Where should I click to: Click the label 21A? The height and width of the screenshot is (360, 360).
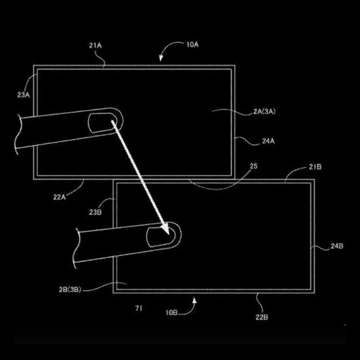pos(96,45)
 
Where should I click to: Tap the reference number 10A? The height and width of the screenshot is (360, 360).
pos(192,45)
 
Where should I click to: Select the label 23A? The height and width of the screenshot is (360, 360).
pos(24,95)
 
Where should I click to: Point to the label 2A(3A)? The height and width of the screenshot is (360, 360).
pos(264,111)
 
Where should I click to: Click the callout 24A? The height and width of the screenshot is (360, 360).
pos(268,141)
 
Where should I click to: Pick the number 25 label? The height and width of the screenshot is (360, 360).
pos(253,166)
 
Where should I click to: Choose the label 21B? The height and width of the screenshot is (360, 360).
pos(315,167)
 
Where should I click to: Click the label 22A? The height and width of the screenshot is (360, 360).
pos(60,197)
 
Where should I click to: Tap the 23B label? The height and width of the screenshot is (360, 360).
pos(96,212)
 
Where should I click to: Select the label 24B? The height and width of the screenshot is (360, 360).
pos(337,246)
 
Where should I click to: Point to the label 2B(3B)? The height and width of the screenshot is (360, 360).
pos(70,289)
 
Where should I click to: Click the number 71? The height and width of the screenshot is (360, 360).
pos(139,308)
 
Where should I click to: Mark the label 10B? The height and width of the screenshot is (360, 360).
pos(171,312)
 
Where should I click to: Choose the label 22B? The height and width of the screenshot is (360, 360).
pos(262,317)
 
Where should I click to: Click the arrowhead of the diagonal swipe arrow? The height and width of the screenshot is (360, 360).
pos(166,229)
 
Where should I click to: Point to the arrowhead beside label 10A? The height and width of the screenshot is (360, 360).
pos(161,58)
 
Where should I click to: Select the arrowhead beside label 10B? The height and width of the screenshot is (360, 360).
pos(194,300)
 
